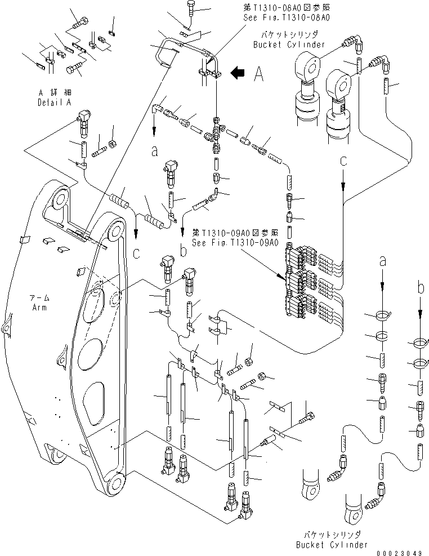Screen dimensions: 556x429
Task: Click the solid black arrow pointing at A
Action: click(x=239, y=72)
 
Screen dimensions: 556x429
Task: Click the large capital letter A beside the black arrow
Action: click(x=258, y=73)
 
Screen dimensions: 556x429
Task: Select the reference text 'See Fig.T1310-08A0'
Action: click(x=286, y=17)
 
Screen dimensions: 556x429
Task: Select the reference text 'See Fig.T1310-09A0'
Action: click(x=235, y=243)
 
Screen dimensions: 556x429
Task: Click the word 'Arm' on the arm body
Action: click(x=39, y=308)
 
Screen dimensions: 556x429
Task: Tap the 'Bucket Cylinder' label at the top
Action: click(x=289, y=45)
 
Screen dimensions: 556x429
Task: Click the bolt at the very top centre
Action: click(x=189, y=8)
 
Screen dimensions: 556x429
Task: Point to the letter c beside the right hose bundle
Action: click(x=343, y=162)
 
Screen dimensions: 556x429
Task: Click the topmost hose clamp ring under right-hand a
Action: click(x=381, y=317)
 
